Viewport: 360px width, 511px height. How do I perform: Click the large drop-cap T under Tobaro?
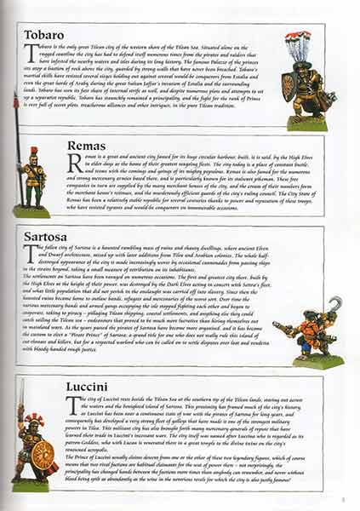[30, 55]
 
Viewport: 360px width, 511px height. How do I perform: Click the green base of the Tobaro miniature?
[306, 122]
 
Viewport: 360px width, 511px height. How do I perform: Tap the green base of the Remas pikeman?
[31, 210]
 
